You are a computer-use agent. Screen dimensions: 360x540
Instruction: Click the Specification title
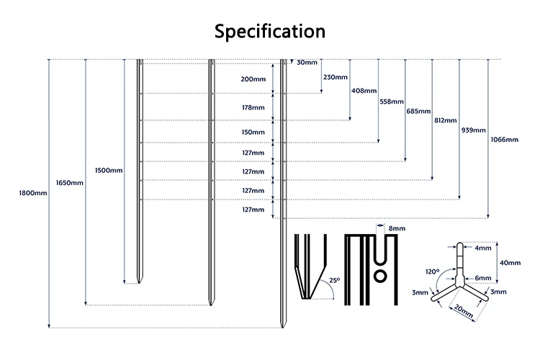tap(270, 32)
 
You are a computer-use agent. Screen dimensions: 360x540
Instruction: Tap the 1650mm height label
tap(70, 182)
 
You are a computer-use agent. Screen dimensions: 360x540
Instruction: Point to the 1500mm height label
tap(109, 170)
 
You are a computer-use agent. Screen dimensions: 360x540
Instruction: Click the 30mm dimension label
tap(306, 63)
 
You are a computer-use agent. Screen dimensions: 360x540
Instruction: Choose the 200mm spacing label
tap(253, 78)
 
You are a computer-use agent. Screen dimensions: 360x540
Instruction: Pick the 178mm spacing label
tap(253, 106)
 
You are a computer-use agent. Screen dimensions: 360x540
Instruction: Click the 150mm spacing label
tap(253, 132)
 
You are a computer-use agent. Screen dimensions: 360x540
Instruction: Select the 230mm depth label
tap(335, 77)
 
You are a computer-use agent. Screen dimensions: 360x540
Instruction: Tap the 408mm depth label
tap(364, 90)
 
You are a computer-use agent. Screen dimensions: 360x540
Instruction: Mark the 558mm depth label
tap(391, 102)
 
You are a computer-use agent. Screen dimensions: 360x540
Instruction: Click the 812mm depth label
tap(445, 120)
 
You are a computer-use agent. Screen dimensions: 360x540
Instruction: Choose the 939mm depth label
tap(473, 130)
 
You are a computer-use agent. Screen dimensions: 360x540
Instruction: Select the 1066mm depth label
tap(504, 139)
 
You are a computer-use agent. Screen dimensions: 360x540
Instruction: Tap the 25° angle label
tap(334, 280)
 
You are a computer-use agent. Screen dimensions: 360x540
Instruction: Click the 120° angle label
tap(432, 272)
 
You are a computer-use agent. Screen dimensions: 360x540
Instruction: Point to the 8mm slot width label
tap(397, 228)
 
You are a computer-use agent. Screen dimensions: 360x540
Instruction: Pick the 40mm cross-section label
tap(509, 263)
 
